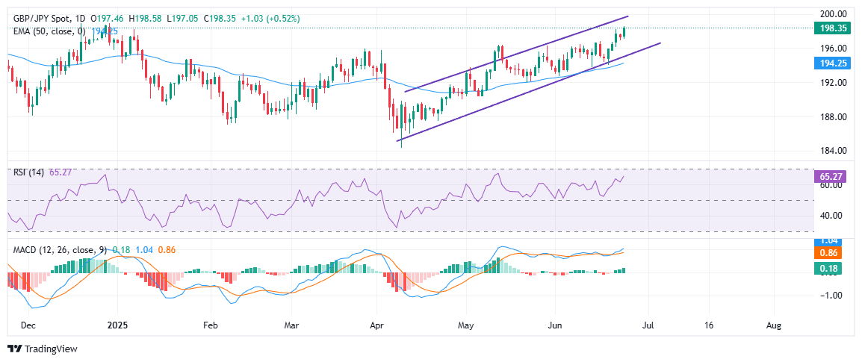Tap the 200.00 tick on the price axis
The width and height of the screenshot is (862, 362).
click(833, 14)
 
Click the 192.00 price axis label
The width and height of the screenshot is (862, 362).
click(833, 83)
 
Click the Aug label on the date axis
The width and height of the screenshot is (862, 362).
click(775, 326)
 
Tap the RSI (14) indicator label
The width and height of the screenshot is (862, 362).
click(29, 172)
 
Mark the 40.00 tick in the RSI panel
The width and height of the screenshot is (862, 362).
click(833, 216)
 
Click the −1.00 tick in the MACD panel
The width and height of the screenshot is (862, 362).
click(832, 295)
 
